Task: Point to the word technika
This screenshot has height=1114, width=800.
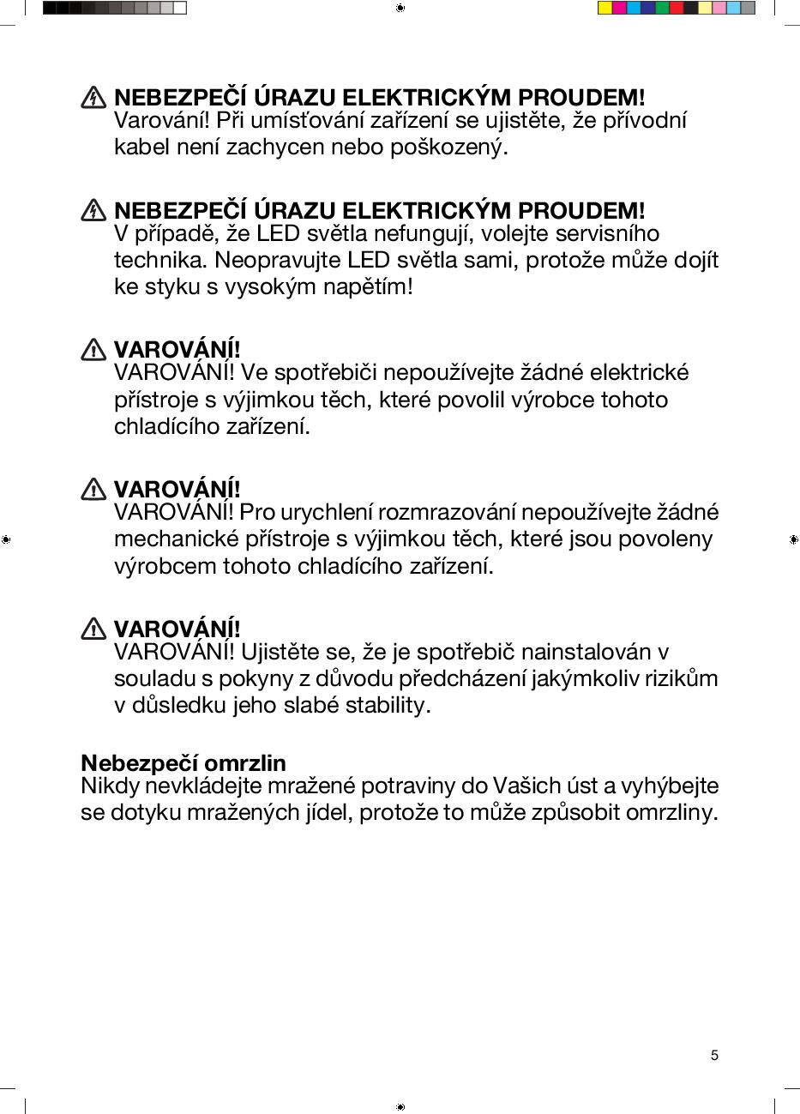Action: [x=160, y=260]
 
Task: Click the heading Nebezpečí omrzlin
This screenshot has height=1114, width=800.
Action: [x=183, y=762]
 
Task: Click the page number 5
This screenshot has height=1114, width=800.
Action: [x=714, y=1055]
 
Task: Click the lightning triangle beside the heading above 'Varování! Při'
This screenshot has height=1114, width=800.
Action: [x=93, y=98]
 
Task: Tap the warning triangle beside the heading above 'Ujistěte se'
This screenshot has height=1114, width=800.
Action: [x=93, y=629]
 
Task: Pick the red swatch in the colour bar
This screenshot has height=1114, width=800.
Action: [x=676, y=9]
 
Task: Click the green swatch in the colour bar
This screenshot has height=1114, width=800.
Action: [x=661, y=9]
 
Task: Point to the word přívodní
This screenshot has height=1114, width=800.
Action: [x=645, y=121]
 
